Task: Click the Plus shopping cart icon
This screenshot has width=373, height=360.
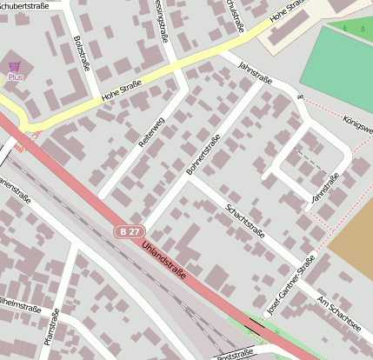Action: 14,66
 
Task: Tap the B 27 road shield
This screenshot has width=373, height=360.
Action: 130,231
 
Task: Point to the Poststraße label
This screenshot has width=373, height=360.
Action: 234,353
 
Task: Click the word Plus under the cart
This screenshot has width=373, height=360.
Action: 15,77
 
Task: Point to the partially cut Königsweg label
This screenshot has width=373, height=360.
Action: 358,123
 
